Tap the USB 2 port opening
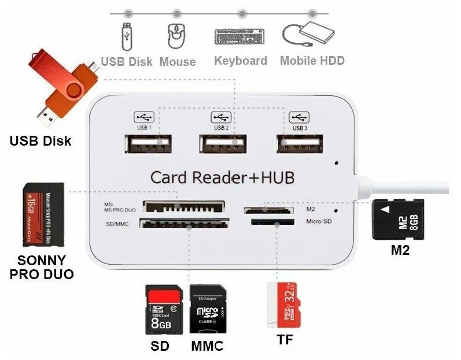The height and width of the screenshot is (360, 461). [223, 144]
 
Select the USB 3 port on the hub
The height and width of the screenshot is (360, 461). [299, 144]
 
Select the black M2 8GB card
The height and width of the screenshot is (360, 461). [399, 220]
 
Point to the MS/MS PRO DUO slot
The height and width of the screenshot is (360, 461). [184, 207]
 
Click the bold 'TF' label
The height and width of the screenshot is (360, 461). [285, 340]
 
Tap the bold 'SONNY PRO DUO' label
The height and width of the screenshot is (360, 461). [42, 267]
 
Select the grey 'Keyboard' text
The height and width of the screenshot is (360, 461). [241, 61]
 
